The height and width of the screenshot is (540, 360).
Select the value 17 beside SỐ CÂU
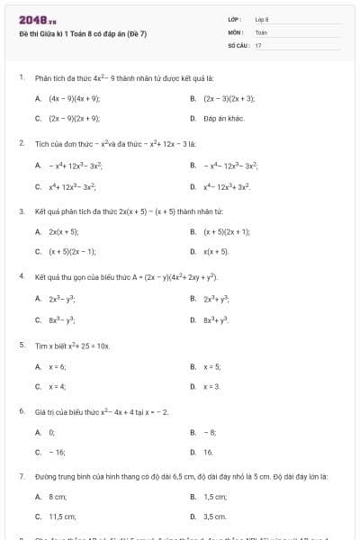tap(258, 44)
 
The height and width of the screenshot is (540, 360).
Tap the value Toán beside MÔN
tap(261, 31)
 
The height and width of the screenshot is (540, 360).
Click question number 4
tap(21, 277)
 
